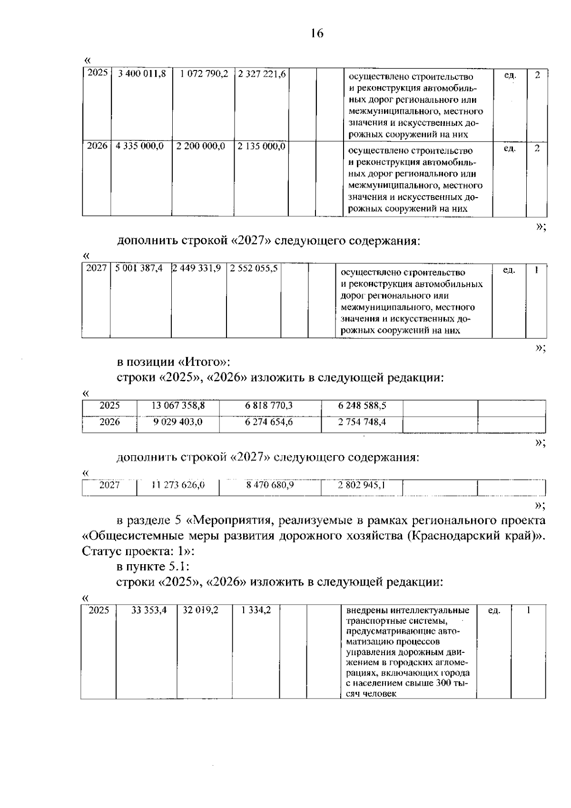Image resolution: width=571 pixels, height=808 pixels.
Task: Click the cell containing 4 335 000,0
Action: pos(140,146)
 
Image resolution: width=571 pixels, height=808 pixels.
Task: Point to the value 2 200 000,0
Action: pos(200,146)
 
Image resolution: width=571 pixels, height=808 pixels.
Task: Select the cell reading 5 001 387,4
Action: pos(139,268)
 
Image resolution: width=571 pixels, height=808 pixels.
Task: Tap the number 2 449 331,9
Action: pos(197,268)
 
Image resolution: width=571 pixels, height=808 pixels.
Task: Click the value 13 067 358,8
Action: pos(178,406)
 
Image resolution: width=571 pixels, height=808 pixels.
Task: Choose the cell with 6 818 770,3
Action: pos(269,406)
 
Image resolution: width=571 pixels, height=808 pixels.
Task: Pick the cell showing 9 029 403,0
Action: pos(178,421)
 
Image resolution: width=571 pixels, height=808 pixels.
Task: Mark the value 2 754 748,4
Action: pos(362,421)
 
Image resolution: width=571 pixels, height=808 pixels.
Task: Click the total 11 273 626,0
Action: pos(178,485)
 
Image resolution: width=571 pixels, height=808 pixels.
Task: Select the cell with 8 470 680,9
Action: pos(270,485)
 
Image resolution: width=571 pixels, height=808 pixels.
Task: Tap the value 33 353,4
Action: pos(149,610)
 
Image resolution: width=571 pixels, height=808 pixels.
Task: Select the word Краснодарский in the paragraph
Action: pos(468,535)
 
